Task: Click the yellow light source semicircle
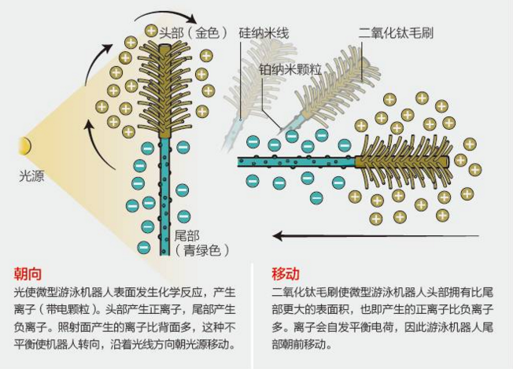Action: [x=26, y=146]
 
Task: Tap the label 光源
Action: [x=31, y=176]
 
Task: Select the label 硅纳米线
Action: [x=263, y=33]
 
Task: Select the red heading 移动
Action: [x=285, y=275]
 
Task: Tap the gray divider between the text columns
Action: [x=256, y=315]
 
